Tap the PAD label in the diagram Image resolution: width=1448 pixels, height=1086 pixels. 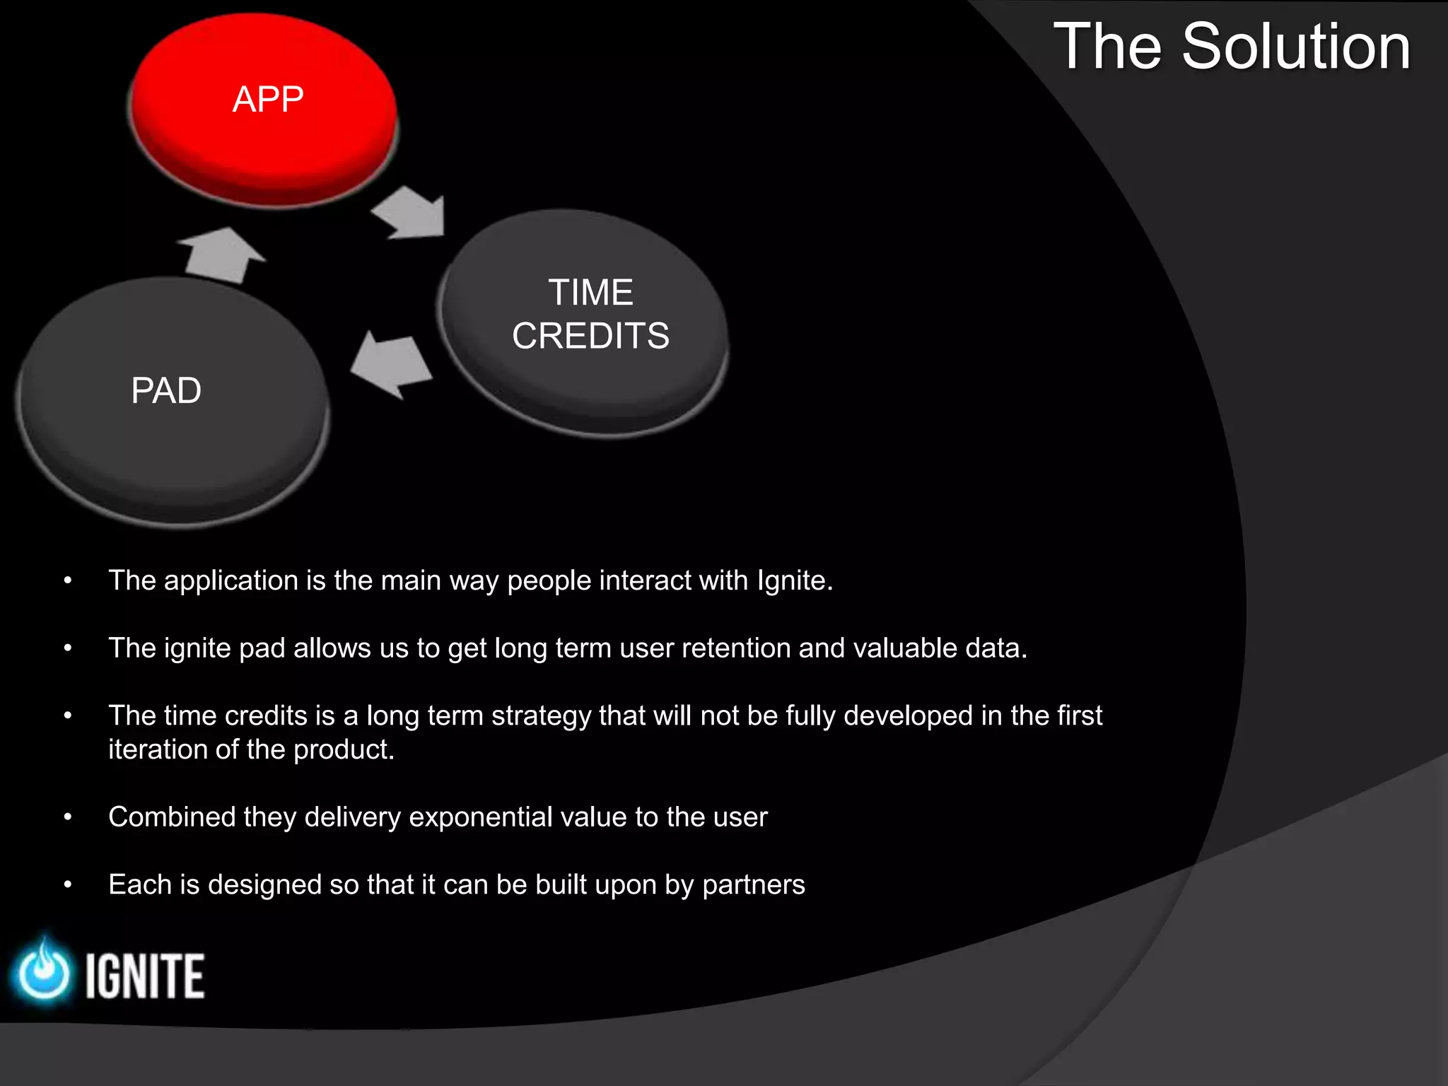click(x=166, y=390)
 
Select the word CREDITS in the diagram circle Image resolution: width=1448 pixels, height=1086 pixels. click(x=590, y=336)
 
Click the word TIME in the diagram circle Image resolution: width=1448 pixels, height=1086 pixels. click(x=590, y=293)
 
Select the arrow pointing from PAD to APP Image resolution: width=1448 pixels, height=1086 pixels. click(x=221, y=255)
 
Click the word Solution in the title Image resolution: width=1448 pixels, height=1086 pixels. click(x=1295, y=47)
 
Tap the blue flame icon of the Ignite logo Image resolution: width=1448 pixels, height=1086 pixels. click(x=44, y=972)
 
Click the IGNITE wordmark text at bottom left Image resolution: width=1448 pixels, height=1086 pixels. click(x=145, y=976)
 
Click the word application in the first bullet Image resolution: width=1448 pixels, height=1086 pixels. click(x=230, y=581)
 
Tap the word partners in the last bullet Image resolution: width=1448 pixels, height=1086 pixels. click(x=754, y=885)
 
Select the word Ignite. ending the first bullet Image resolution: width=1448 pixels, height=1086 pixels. click(x=795, y=581)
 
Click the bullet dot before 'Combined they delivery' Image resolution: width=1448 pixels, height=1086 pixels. click(x=68, y=817)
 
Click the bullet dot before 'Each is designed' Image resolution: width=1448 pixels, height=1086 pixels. click(x=68, y=885)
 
